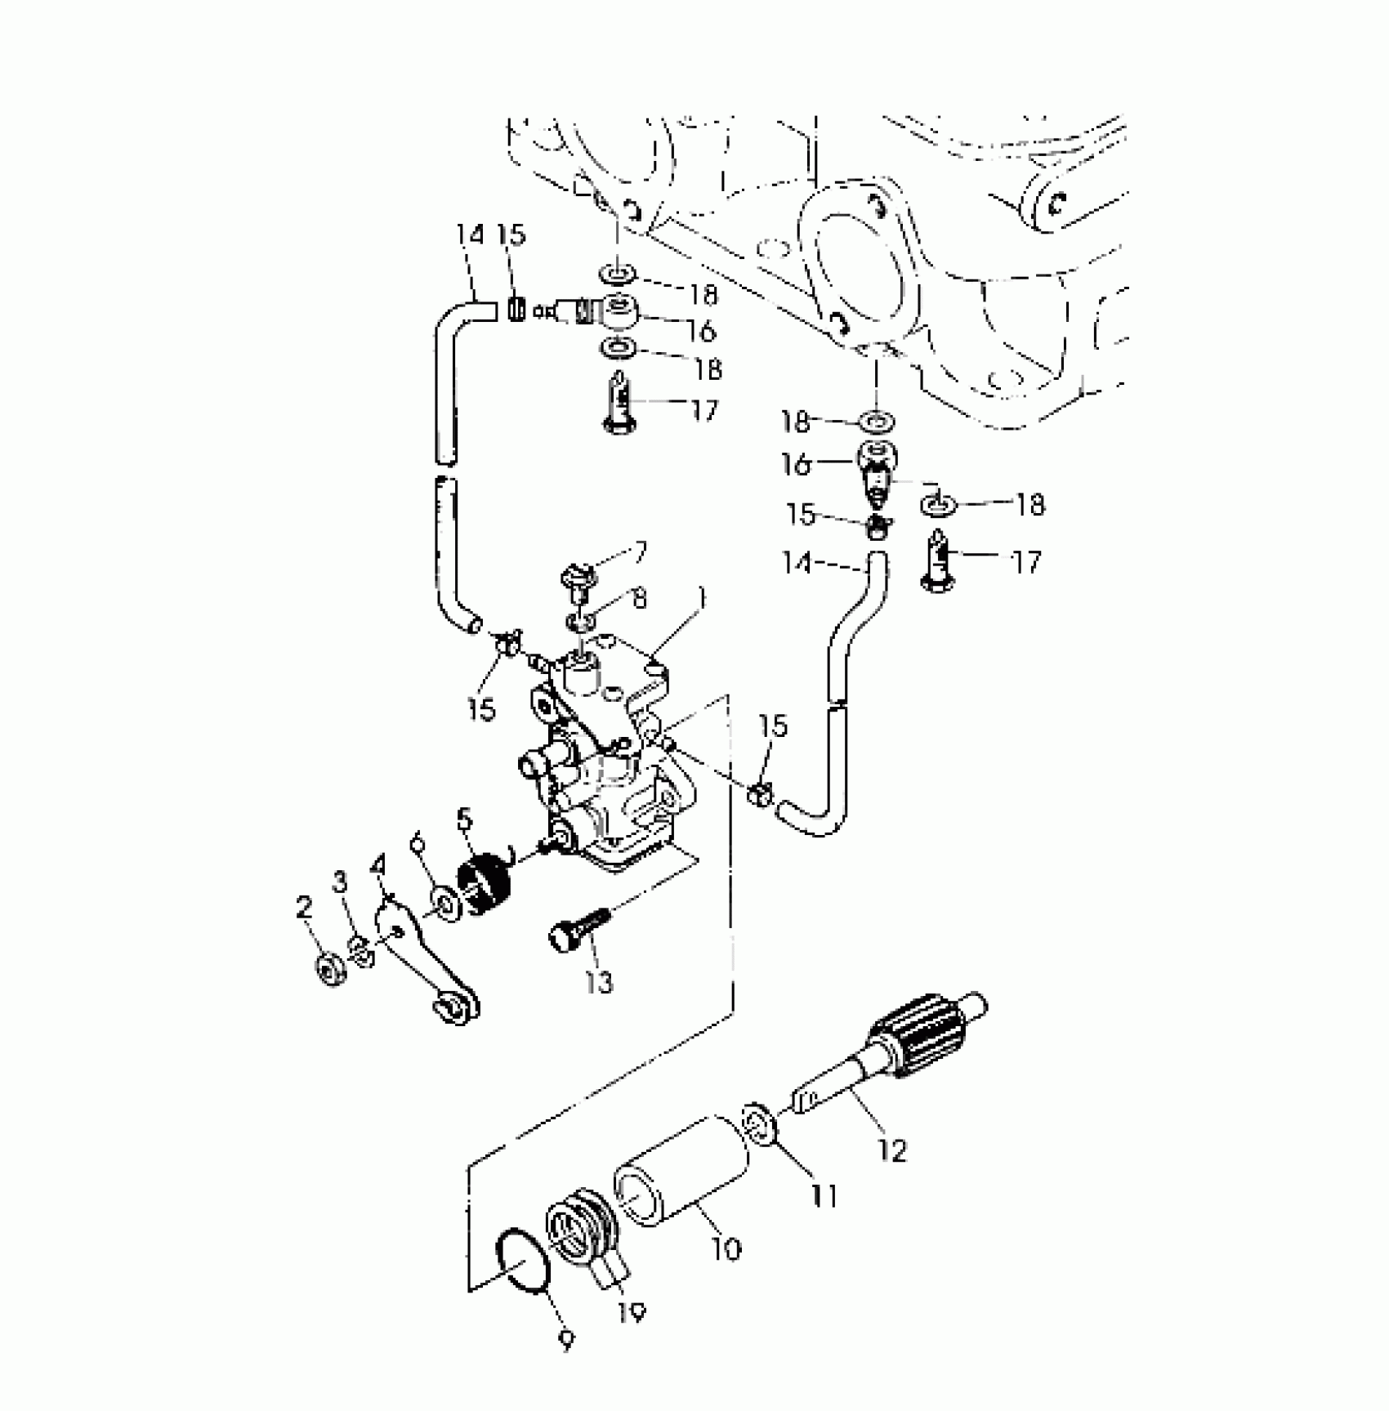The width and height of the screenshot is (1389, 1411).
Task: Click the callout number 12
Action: point(894,1150)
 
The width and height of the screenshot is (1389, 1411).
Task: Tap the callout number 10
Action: point(726,1248)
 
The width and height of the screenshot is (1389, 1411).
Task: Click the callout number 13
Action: point(599,981)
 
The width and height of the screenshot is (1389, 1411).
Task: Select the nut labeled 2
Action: point(330,969)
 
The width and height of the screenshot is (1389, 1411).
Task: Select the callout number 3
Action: point(340,882)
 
